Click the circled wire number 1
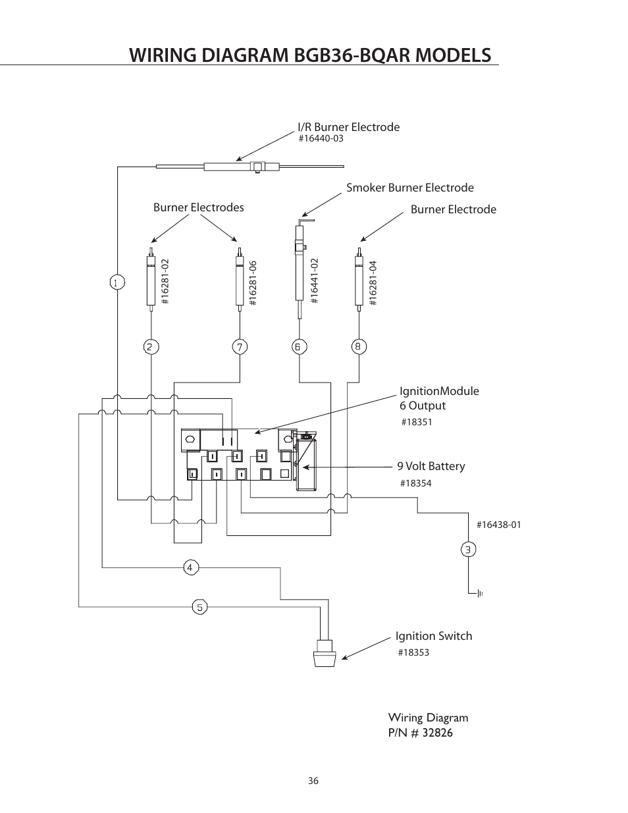pos(117,282)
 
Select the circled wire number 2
pos(151,347)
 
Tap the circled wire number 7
pos(240,347)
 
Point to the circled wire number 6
pos(299,347)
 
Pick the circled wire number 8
pos(359,347)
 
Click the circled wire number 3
pos(468,549)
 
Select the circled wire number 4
pos(191,567)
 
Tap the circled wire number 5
pos(200,606)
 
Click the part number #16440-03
pos(321,139)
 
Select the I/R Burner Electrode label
pos(348,127)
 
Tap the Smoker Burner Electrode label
pos(409,188)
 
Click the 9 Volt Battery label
pos(431,466)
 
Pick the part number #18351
pos(416,422)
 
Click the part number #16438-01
pos(498,525)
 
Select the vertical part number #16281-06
pos(253,283)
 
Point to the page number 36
pos(313,781)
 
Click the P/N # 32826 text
pos(420,733)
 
